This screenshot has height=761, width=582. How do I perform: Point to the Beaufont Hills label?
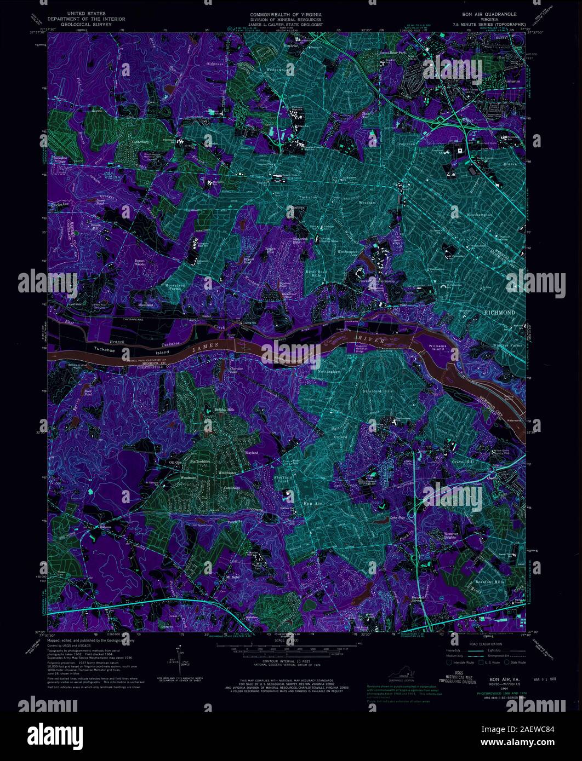(488, 581)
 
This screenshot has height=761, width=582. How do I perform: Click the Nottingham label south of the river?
(329, 372)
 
